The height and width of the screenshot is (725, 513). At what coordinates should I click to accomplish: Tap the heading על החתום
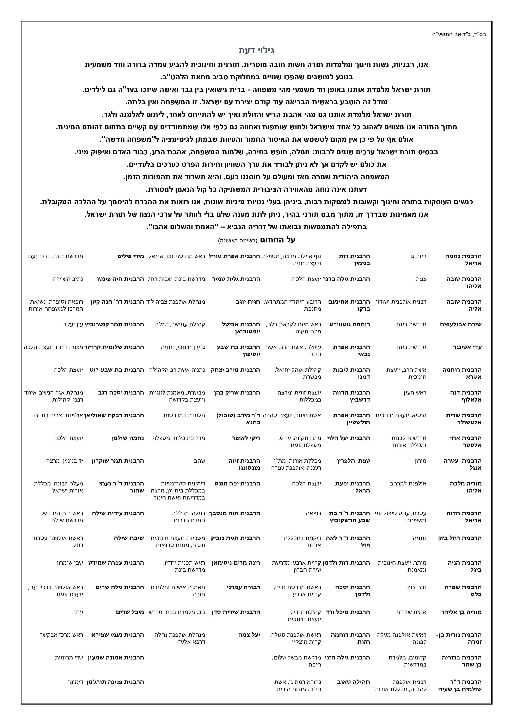277,240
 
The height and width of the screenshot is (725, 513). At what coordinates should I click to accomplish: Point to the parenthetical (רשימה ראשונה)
238,241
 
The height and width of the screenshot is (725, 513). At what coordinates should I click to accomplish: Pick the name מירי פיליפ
130,256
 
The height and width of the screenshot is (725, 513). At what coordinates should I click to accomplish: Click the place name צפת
421,279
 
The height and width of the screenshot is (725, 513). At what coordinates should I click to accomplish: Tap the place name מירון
420,461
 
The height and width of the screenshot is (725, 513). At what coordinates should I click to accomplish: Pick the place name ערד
78,612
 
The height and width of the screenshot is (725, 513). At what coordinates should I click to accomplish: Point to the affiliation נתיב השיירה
68,279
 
